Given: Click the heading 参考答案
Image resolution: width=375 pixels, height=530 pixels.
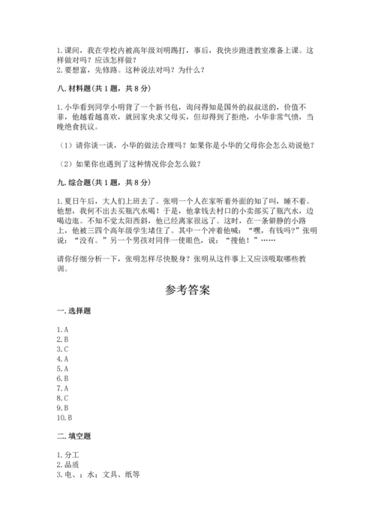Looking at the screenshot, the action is (x=187, y=290).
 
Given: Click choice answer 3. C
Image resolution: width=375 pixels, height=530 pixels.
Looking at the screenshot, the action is (x=62, y=349).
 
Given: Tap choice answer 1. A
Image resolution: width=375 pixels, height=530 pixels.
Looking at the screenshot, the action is (x=62, y=330).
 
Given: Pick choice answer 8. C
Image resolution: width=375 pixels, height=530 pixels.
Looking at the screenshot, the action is (x=62, y=398).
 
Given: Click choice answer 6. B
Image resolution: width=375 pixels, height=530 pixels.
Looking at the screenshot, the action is (x=62, y=379).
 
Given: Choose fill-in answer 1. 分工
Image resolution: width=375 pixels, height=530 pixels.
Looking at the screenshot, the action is (x=67, y=455).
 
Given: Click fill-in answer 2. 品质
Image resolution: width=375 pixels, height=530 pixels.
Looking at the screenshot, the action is (x=67, y=465).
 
